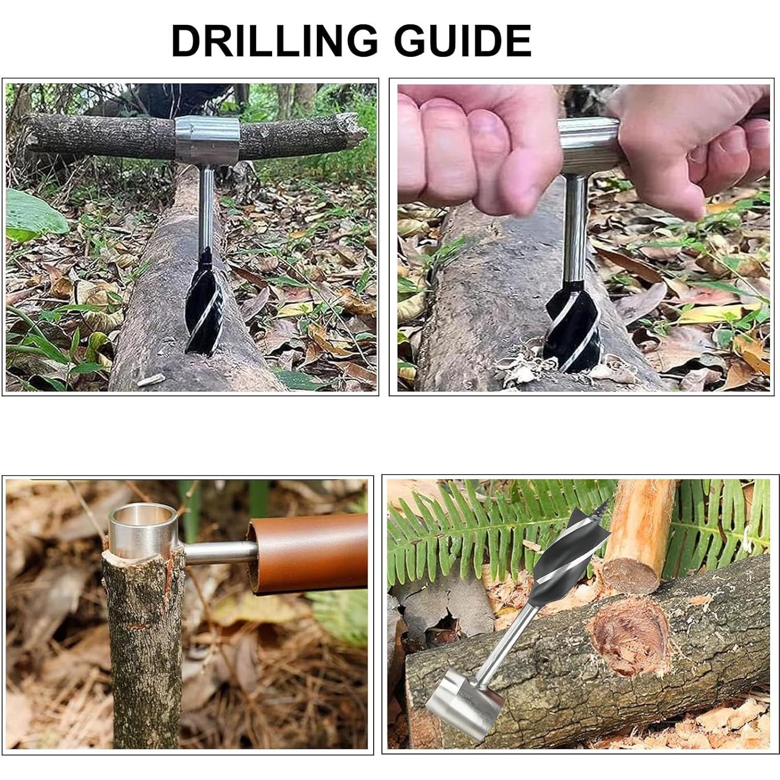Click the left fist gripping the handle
click(x=475, y=144)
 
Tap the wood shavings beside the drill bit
click(x=519, y=367)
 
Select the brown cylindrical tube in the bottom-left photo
click(x=309, y=552)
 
